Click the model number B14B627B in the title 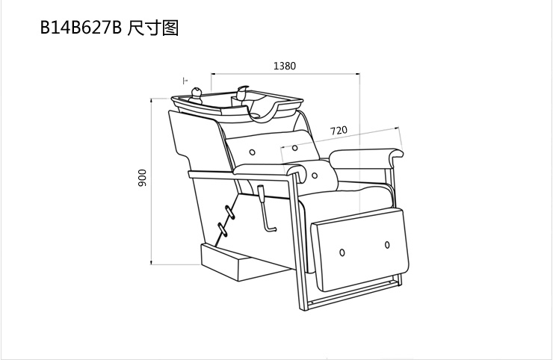(x=80, y=28)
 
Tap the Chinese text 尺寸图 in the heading (x=152, y=28)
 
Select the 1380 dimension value (x=285, y=66)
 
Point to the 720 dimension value (x=339, y=130)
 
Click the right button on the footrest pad (x=388, y=244)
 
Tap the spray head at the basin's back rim (x=243, y=92)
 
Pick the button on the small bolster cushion (x=315, y=176)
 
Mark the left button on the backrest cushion (x=253, y=152)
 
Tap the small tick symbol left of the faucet (x=184, y=78)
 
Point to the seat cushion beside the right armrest (x=359, y=196)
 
